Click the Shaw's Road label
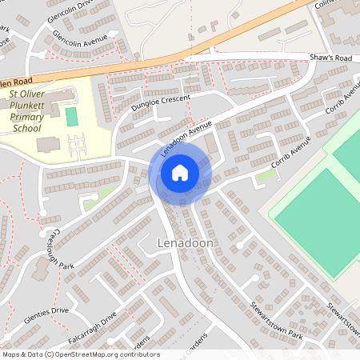coord(331,58)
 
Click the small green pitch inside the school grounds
coord(72,117)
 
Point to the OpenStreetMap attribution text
coord(80,354)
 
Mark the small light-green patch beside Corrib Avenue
coord(266,175)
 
